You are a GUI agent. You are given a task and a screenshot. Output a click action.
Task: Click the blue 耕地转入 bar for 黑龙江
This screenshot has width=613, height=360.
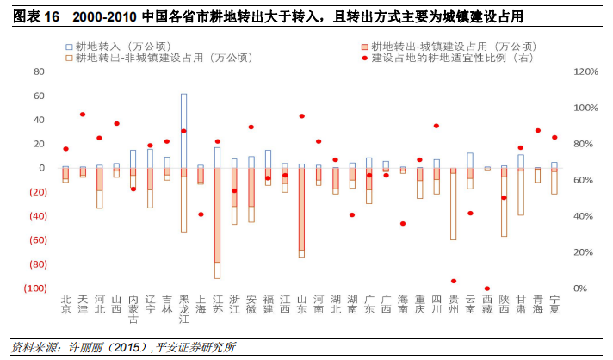pos(183,129)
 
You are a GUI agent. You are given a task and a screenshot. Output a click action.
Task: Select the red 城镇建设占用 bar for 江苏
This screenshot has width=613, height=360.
pos(217,215)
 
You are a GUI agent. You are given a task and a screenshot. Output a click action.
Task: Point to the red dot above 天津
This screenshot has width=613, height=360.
pos(83,114)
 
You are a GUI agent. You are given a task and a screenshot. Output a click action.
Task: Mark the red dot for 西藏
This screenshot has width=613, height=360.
pos(486,289)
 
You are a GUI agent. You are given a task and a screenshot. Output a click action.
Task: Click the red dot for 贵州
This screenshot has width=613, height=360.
pos(453,281)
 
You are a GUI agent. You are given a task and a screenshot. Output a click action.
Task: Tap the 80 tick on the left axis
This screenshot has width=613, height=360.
pos(38,71)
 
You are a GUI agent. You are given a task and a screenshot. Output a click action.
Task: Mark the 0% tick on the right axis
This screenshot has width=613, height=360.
pos(580,289)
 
